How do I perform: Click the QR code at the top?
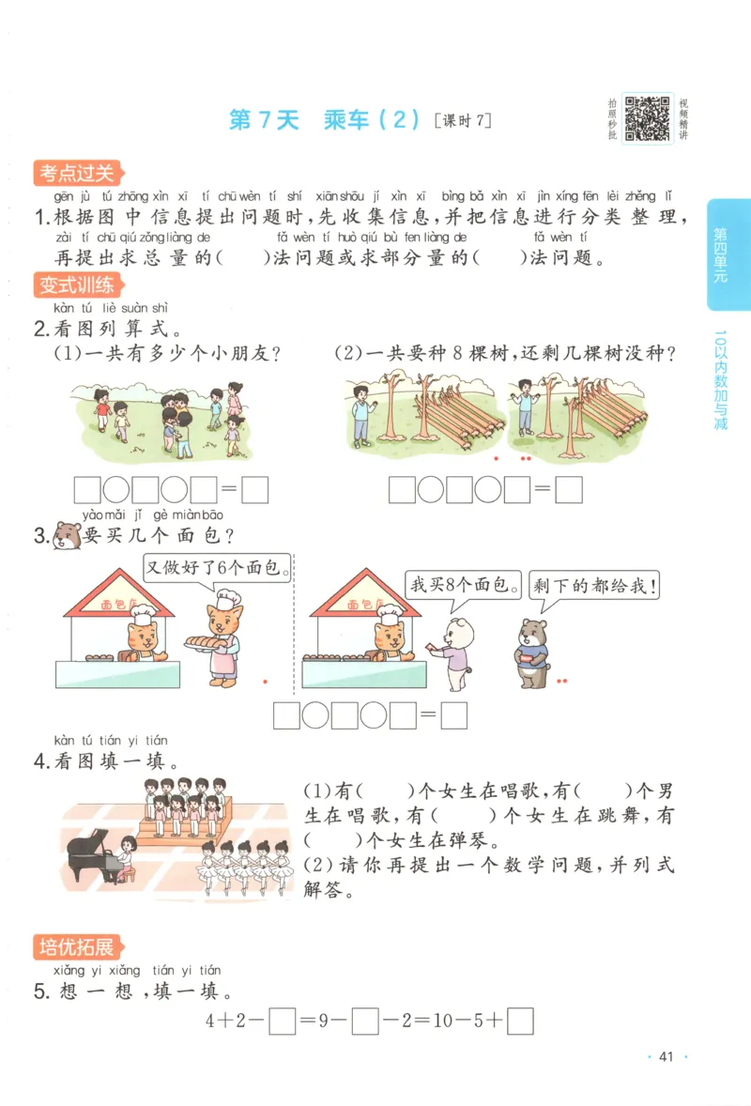(x=649, y=118)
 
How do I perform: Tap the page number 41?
(x=667, y=1056)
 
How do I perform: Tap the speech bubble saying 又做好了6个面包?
(x=217, y=568)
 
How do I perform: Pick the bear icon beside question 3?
(x=67, y=536)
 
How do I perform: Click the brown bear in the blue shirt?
(x=531, y=650)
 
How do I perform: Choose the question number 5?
(x=40, y=991)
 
